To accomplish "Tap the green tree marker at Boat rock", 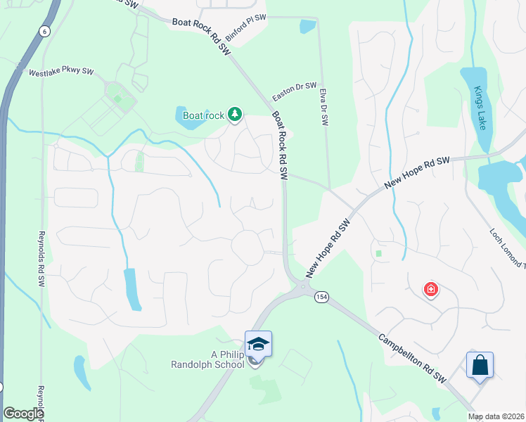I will tap(235, 115).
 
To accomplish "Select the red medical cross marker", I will tap(430, 289).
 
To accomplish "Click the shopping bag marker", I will tap(480, 366).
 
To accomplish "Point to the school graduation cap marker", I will tap(258, 343).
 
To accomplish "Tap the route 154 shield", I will tap(321, 297).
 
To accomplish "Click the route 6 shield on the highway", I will tap(45, 31).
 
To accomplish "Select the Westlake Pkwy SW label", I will tap(61, 72).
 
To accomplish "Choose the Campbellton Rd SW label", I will tap(413, 358).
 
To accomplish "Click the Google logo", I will tap(23, 414).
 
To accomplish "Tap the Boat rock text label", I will tap(203, 115).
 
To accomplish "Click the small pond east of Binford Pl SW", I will tap(307, 27).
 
